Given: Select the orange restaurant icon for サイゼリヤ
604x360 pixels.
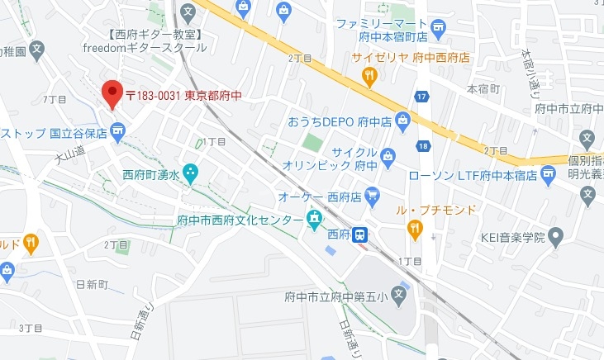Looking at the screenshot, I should (x=369, y=76).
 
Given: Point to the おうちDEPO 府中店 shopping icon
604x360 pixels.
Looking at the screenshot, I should (x=402, y=121).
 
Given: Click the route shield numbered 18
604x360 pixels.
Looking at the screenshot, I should (x=423, y=146).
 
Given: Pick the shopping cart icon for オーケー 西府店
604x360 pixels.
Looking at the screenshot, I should (x=372, y=196).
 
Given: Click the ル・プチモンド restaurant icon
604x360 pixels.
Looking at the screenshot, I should (x=415, y=230).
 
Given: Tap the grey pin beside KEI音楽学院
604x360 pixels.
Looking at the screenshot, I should (x=555, y=238).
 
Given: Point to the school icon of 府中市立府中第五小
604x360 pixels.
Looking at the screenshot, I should (x=398, y=293).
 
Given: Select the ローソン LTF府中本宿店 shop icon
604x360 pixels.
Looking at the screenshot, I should (x=548, y=174).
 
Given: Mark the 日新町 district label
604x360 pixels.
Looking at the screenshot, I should (x=91, y=284).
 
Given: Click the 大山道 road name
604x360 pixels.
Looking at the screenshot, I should (x=70, y=154).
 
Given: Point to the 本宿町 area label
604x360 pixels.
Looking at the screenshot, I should (x=483, y=88).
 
